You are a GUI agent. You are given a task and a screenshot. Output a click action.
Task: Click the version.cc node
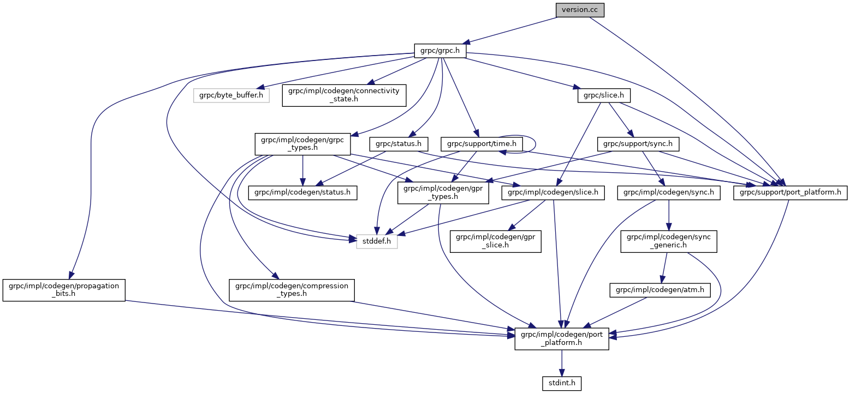point(580,10)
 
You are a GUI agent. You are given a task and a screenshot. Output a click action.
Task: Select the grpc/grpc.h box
point(439,51)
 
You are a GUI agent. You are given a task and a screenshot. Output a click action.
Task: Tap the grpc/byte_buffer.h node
point(231,95)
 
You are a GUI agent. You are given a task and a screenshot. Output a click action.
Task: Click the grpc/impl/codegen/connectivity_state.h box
point(344,95)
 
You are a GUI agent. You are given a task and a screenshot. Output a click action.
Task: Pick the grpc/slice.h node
point(604,95)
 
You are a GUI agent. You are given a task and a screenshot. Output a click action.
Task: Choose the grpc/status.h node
point(398,144)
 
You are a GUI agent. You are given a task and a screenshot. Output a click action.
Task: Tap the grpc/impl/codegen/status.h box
point(302,192)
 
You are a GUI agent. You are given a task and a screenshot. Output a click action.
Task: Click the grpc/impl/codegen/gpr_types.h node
point(443,192)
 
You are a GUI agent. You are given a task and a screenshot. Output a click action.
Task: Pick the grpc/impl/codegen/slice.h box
point(553,192)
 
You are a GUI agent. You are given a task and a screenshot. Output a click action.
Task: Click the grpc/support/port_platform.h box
point(790,192)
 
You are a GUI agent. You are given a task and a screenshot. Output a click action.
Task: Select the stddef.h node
point(377,241)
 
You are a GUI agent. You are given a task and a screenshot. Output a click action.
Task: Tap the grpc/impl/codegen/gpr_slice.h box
point(495,241)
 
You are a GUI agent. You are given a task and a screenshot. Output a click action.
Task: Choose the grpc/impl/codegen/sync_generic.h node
point(669,241)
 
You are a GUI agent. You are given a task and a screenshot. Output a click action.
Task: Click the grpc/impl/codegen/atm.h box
point(660,290)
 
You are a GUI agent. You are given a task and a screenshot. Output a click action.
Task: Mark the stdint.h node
point(561,384)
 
